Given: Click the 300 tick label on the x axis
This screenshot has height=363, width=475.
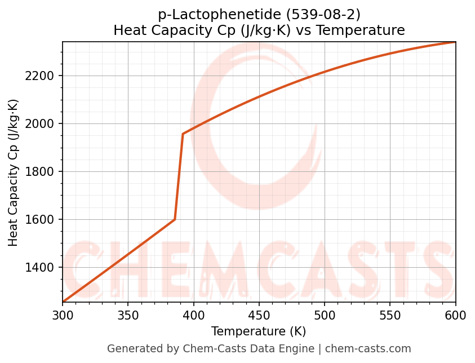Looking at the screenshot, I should tap(63, 316).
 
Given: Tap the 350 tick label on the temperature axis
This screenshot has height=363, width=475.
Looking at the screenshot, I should tap(128, 316).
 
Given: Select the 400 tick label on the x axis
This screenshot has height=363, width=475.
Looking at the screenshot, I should tap(193, 316).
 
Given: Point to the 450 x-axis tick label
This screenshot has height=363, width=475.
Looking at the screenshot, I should tap(259, 316).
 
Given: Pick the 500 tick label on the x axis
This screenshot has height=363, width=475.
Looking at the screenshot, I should tap(325, 316).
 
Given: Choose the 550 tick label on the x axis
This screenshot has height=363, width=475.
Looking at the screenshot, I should tap(390, 316).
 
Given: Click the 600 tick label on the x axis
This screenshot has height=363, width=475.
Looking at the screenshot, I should tap(455, 316).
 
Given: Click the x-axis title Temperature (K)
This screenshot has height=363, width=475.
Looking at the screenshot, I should tap(259, 331).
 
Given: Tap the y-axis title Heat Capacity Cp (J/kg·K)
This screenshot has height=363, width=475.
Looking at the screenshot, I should tap(14, 172).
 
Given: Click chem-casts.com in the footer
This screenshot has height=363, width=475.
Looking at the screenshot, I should tap(368, 349).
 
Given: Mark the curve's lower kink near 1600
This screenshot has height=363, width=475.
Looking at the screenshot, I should tap(175, 219).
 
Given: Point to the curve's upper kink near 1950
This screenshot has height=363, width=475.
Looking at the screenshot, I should tap(183, 134).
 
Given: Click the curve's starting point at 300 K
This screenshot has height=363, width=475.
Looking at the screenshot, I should tap(63, 302).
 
